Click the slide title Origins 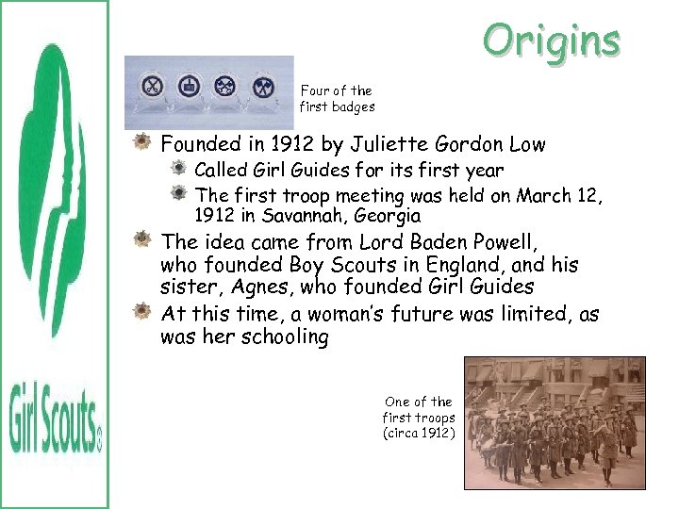click(551, 41)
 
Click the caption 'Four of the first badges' click(337, 99)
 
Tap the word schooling click(282, 337)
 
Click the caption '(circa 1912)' click(419, 434)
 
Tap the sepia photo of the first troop click(555, 422)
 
